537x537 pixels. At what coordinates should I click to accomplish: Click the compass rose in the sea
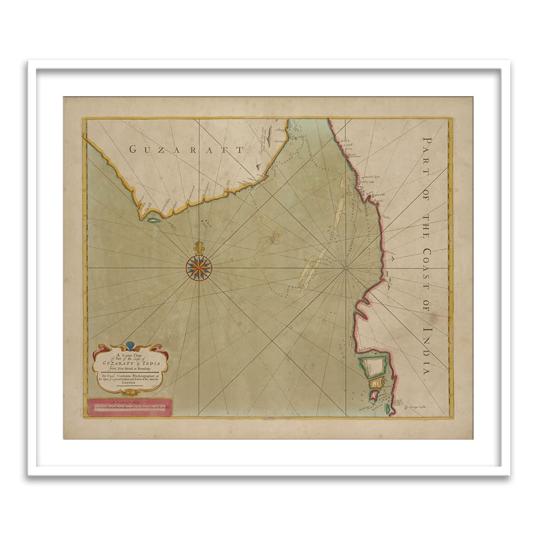coord(199,267)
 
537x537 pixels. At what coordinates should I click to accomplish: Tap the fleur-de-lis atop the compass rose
coord(199,248)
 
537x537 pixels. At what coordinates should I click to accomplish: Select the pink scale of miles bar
coord(129,408)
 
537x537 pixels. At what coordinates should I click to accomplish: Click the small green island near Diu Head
coord(153,220)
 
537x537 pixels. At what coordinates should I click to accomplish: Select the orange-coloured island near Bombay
coord(378,382)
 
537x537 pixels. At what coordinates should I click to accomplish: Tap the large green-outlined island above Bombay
coord(375,366)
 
